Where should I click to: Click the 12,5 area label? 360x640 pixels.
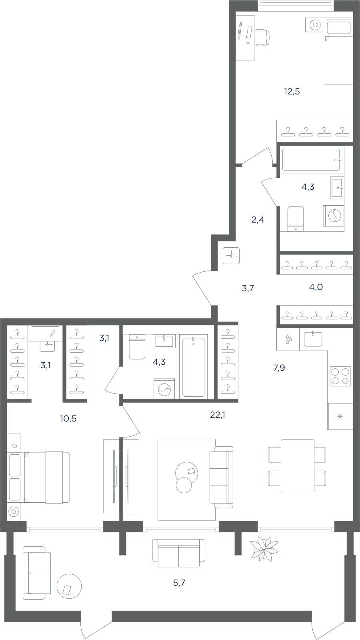pyautogui.click(x=292, y=92)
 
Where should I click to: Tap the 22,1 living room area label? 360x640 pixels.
pyautogui.click(x=218, y=415)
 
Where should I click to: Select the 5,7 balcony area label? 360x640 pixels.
pyautogui.click(x=179, y=583)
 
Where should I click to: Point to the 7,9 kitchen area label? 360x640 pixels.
pyautogui.click(x=279, y=368)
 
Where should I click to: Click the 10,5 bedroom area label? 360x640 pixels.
pyautogui.click(x=68, y=419)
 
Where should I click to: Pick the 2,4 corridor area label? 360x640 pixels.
pyautogui.click(x=258, y=220)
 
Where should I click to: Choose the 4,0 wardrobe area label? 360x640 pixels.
pyautogui.click(x=316, y=287)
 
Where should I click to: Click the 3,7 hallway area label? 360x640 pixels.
pyautogui.click(x=248, y=288)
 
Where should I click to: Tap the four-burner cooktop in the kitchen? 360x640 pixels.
pyautogui.click(x=340, y=376)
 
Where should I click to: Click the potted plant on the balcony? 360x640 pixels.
pyautogui.click(x=264, y=547)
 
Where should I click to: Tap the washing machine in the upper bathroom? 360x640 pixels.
pyautogui.click(x=334, y=216)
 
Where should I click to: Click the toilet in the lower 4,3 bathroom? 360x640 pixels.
pyautogui.click(x=137, y=347)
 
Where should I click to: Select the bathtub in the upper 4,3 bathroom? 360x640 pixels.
pyautogui.click(x=311, y=160)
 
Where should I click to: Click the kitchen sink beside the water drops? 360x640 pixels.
pyautogui.click(x=313, y=339)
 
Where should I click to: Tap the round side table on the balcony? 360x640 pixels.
pyautogui.click(x=69, y=587)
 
